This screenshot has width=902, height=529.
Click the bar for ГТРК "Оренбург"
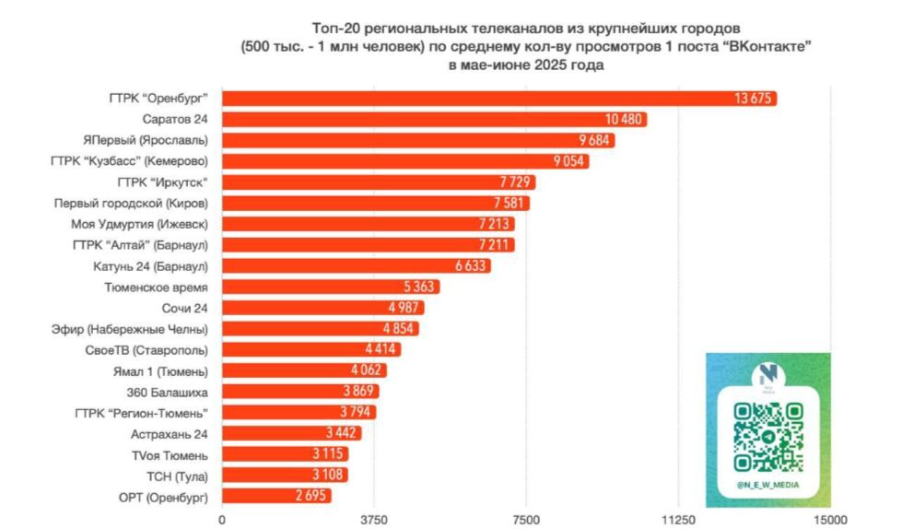[498, 99]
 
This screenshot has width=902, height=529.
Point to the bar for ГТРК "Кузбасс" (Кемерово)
[405, 161]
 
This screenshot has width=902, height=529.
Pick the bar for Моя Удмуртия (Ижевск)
[369, 224]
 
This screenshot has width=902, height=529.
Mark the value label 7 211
[495, 245]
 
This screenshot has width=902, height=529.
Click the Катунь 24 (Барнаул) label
[151, 265]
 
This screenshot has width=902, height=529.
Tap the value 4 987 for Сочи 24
[404, 308]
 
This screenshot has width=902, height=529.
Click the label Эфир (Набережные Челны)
[130, 328]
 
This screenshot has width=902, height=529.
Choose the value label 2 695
[311, 496]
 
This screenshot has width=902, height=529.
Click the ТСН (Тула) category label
[179, 475]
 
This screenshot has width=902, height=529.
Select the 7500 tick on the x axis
[526, 519]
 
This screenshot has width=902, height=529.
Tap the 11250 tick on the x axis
[678, 519]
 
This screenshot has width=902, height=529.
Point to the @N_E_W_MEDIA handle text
[767, 485]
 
